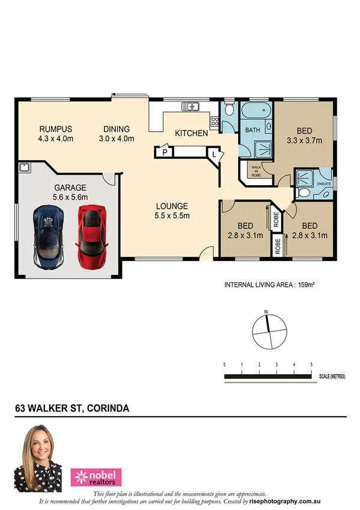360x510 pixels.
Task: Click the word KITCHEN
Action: coord(191,133)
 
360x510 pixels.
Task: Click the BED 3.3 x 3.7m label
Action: coord(304,136)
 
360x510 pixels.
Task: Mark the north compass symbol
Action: coord(266,330)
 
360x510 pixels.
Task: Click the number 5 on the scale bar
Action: coord(311,365)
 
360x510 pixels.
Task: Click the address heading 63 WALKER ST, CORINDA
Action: coord(72,408)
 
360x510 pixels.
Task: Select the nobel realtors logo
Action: coord(96,477)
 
